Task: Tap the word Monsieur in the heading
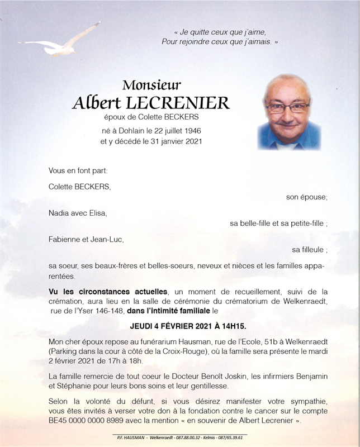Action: [x=151, y=85]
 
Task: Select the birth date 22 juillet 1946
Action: [x=170, y=130]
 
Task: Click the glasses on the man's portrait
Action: [x=287, y=107]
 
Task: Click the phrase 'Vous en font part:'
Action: [x=78, y=170]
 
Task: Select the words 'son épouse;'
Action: [x=307, y=197]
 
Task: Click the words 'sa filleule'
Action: [x=308, y=250]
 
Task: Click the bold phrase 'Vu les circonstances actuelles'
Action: [x=108, y=292]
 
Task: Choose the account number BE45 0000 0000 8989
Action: [x=86, y=420]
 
